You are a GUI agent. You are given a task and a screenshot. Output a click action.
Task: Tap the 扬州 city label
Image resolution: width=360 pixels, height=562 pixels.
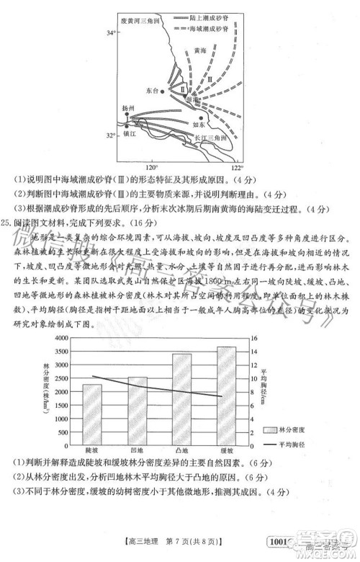pos(127,107)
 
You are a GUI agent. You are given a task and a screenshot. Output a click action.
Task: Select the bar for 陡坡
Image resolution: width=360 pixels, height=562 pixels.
pos(91,409)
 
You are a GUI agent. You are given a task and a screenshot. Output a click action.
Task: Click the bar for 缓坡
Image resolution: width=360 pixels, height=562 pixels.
pos(226,390)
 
